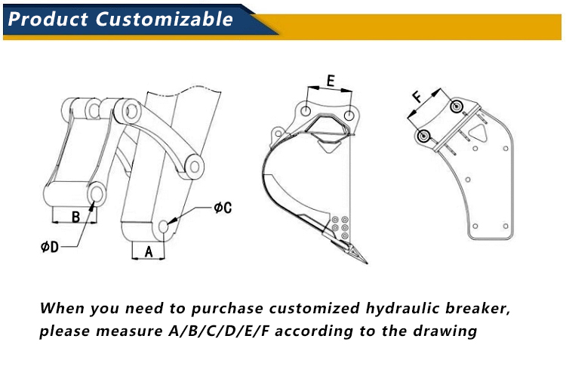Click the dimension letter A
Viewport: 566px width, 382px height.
tap(148, 252)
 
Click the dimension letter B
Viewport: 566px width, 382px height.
tap(75, 217)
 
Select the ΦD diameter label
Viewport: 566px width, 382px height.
tap(49, 247)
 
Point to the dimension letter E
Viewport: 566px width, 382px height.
tap(331, 81)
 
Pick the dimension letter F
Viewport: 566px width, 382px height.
tap(417, 97)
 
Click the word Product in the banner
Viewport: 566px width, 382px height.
tap(48, 19)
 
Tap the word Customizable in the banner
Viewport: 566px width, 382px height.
tap(165, 19)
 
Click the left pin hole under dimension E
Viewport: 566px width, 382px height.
tap(305, 111)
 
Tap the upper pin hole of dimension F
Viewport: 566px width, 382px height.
tap(457, 106)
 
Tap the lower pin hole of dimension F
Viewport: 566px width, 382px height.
tap(424, 136)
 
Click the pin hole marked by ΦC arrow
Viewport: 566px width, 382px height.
tap(165, 226)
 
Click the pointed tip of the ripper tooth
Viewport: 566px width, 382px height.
tap(367, 263)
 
